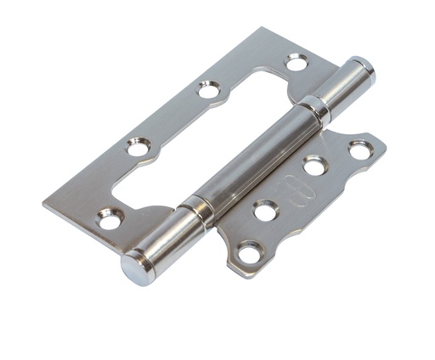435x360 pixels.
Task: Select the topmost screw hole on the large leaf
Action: coord(297,62)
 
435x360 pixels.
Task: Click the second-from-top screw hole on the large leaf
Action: coord(209,88)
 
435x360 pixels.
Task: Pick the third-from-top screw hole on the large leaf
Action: coord(138,147)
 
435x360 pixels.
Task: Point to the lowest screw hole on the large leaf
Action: coord(108,219)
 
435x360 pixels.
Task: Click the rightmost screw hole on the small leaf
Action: coord(360,150)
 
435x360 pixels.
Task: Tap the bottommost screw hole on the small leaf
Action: coord(249,252)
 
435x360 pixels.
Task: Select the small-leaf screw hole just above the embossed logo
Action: coord(314,166)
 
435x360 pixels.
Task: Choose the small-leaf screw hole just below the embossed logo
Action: coord(266,210)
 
